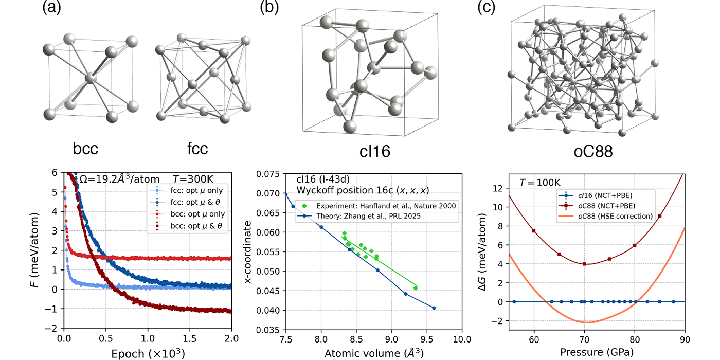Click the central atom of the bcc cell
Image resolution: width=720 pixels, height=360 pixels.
tap(91, 78)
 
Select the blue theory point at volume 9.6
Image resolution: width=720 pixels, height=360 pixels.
tap(434, 308)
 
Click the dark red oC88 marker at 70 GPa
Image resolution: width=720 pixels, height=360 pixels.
tap(584, 264)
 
